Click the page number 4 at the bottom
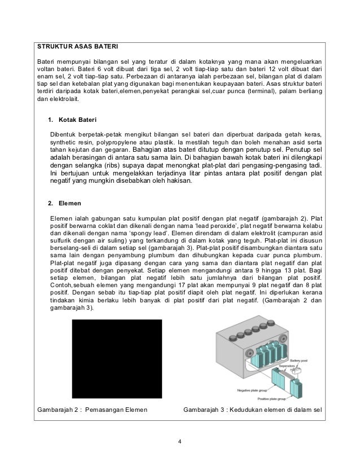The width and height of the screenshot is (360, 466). tap(179, 441)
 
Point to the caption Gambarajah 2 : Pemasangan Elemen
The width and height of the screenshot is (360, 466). tap(92, 408)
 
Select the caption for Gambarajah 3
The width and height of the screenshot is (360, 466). tap(252, 408)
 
